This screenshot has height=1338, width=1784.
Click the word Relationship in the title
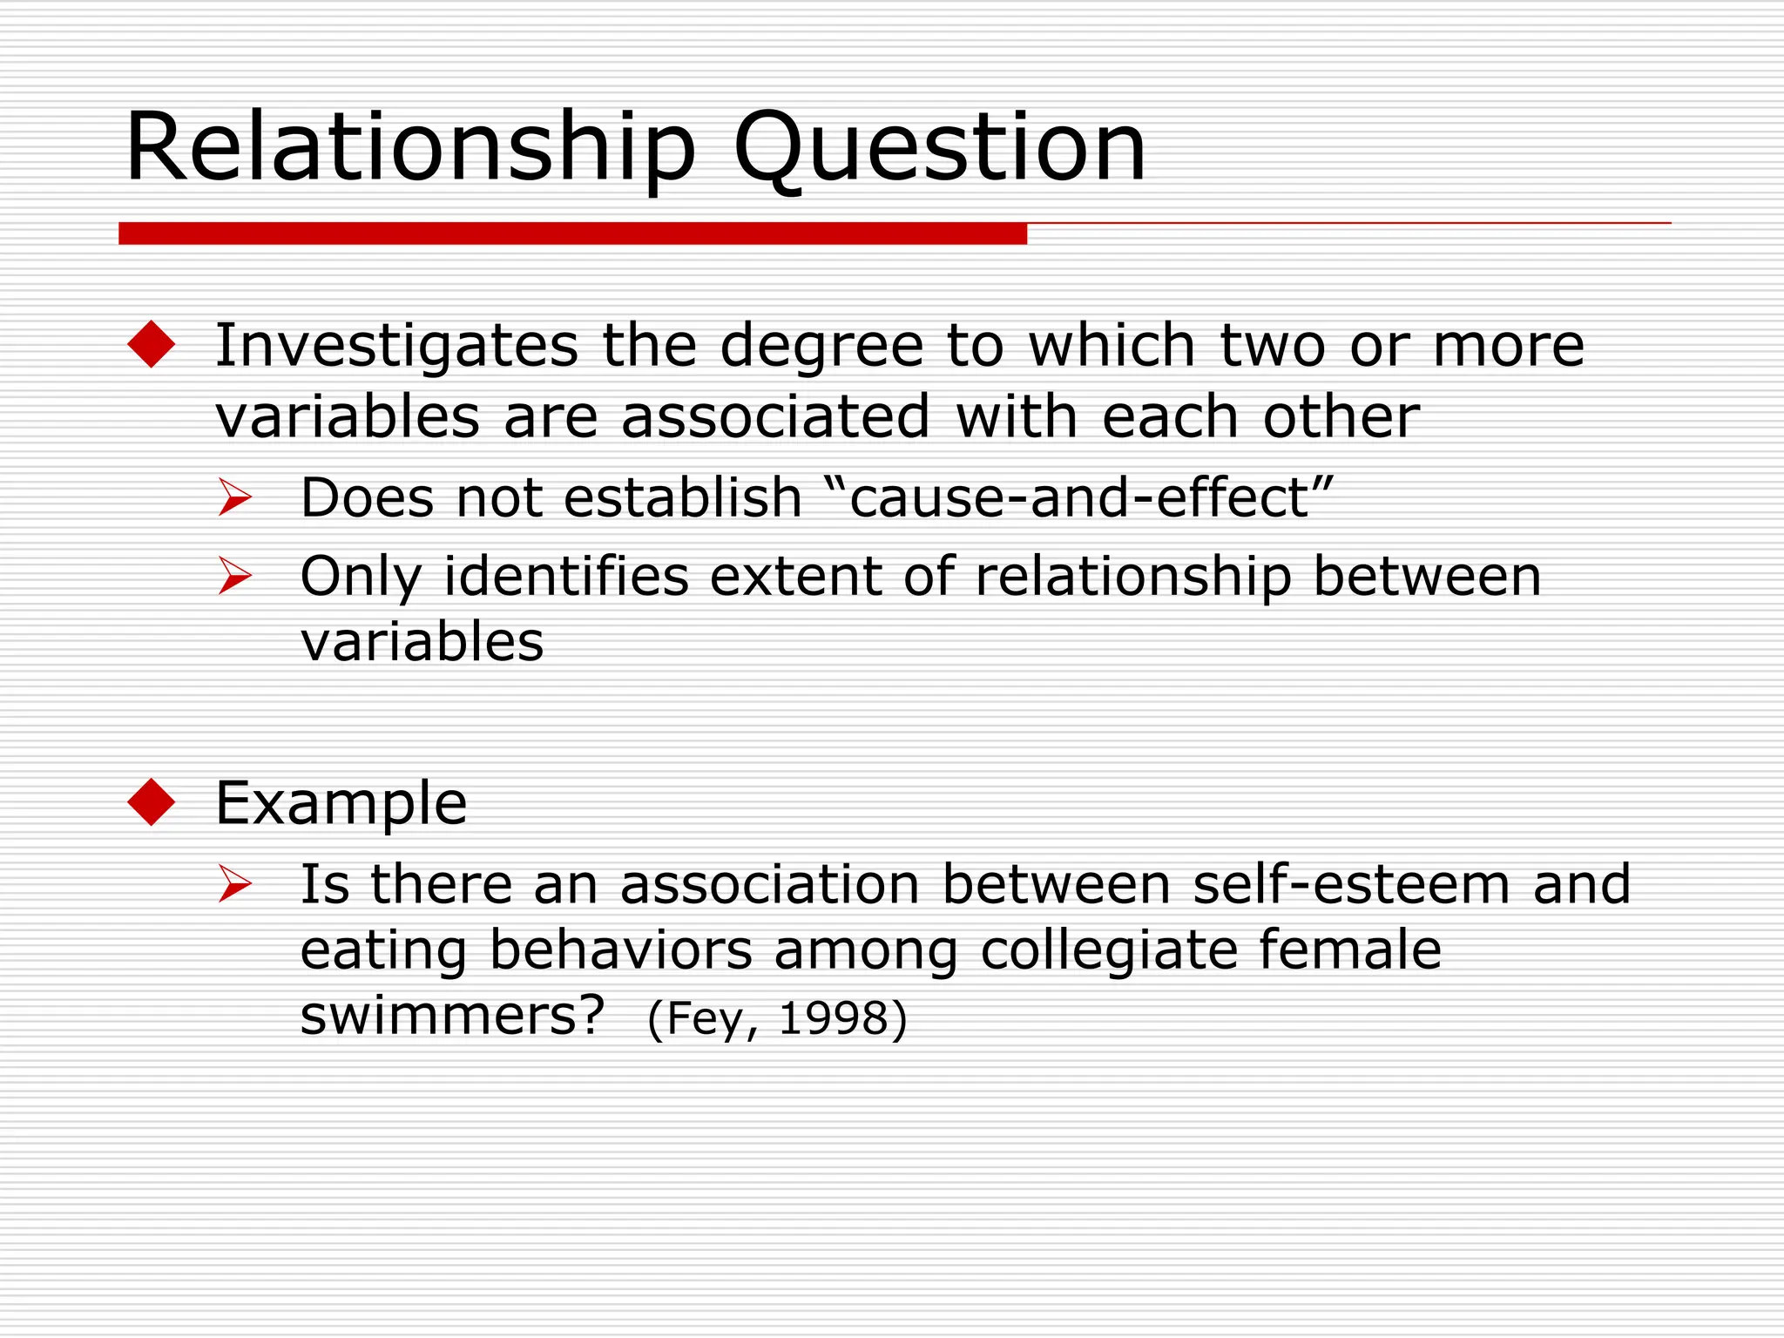pos(409,148)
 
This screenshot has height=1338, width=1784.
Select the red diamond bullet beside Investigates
pos(152,344)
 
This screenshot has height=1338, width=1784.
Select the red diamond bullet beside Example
pos(152,801)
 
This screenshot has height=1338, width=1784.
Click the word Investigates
pos(396,346)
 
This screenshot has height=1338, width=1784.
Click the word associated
pos(775,416)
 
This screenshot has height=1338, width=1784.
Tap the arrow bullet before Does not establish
pos(234,497)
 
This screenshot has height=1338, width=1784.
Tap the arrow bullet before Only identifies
pos(234,576)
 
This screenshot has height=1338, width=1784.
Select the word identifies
pos(566,576)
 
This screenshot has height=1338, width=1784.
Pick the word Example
pos(341,803)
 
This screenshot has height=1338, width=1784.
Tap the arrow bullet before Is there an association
pos(234,884)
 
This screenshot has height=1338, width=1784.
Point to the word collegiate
pos(1109,950)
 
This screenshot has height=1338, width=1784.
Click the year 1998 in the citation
pos(832,1018)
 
